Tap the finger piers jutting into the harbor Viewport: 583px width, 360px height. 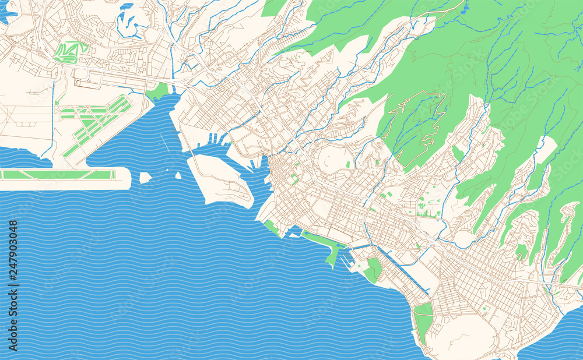[216, 139]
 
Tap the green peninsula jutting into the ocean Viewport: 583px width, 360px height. [332, 255]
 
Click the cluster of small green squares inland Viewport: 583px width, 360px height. [429, 204]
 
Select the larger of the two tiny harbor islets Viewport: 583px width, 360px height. [145, 177]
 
